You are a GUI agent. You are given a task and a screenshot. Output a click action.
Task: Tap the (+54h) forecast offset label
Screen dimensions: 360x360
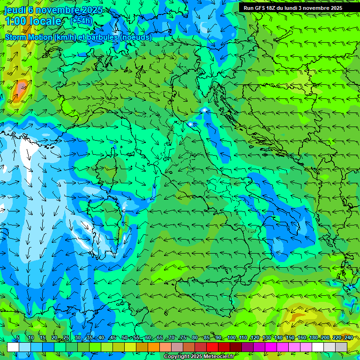tap(81, 21)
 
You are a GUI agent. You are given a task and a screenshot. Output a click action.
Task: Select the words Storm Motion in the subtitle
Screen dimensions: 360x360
tap(28, 37)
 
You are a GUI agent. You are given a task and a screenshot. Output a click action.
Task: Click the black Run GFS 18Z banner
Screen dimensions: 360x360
tap(292, 8)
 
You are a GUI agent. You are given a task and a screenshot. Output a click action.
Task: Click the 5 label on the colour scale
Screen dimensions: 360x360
tap(17, 338)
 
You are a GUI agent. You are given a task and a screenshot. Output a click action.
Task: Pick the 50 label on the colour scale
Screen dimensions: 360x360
tap(124, 338)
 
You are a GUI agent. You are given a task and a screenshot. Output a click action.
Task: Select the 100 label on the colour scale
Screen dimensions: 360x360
tap(232, 338)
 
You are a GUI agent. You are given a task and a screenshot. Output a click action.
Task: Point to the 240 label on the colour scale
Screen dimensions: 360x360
tap(348, 338)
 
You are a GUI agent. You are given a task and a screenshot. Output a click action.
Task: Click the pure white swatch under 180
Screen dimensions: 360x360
tap(318, 347)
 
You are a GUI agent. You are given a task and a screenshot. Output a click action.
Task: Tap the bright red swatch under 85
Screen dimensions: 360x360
tap(212, 347)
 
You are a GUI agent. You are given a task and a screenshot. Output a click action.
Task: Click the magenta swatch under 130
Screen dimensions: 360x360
tap(271, 347)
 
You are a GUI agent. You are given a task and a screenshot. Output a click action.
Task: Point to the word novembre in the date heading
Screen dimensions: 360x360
tap(55, 10)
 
